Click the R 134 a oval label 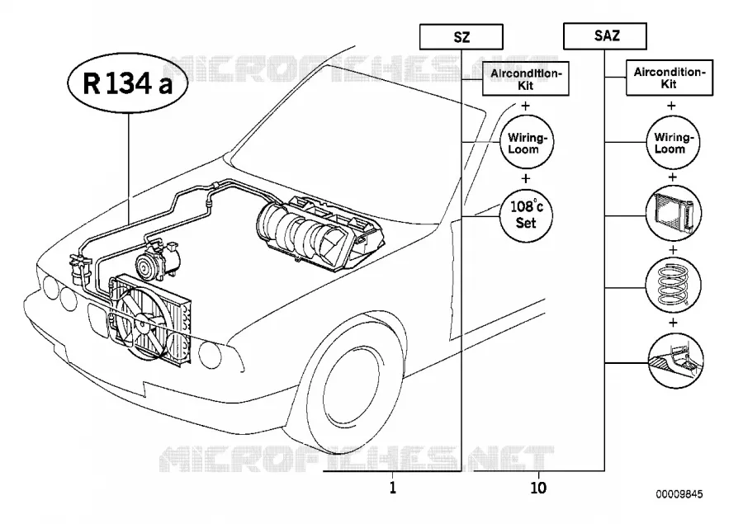click(x=127, y=83)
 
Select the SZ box click(x=461, y=36)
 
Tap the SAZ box click(x=605, y=35)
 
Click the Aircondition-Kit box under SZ click(x=526, y=78)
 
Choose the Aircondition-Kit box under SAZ click(x=670, y=78)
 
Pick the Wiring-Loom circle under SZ click(x=527, y=142)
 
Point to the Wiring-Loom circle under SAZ click(x=674, y=142)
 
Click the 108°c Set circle click(x=526, y=215)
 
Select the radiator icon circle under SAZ click(x=674, y=213)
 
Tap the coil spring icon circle click(x=674, y=286)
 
